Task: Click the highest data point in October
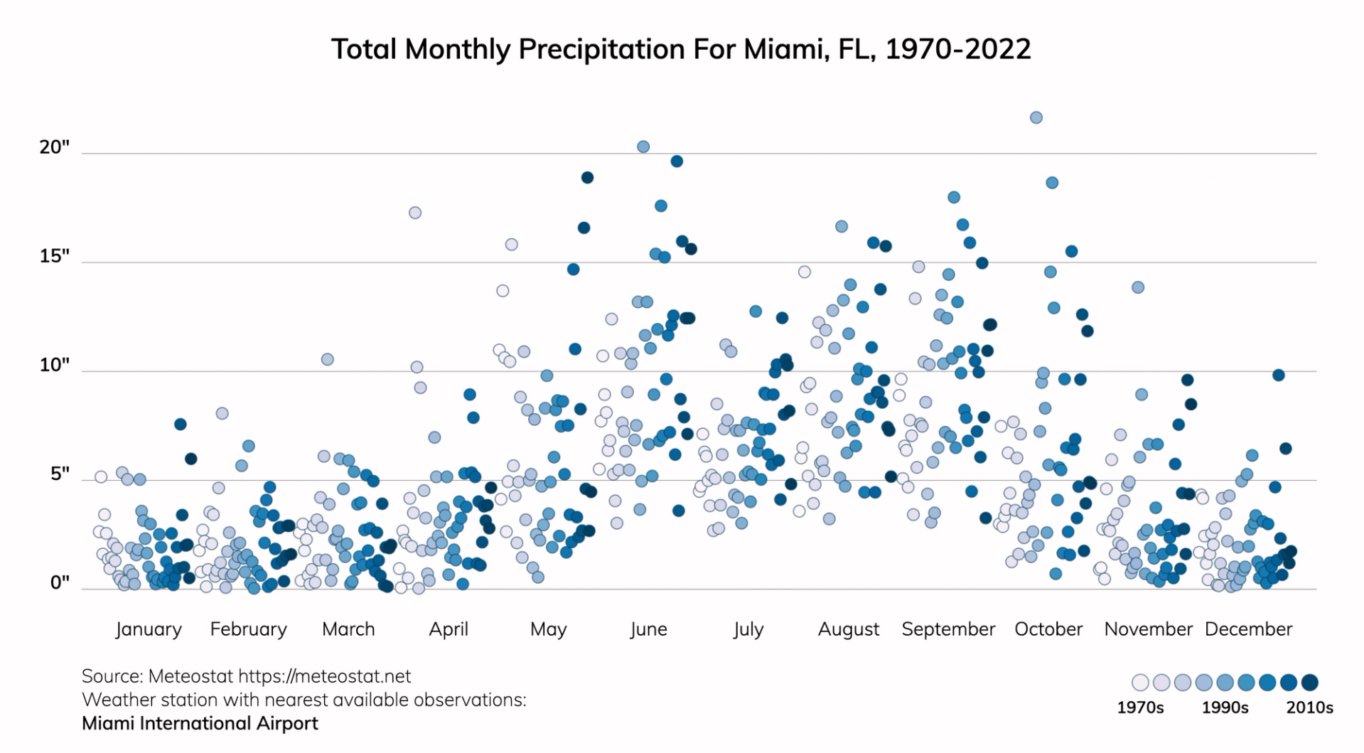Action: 1036,117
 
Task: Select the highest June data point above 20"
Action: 643,146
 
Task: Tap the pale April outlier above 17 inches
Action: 414,213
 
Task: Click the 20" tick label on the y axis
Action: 55,147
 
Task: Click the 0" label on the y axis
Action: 60,583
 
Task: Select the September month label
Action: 947,629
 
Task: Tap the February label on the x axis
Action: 248,629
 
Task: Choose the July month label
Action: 748,629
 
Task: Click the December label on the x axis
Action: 1247,629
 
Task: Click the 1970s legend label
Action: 1140,707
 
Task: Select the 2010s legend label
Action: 1309,707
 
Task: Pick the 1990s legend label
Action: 1225,707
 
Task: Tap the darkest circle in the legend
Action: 1309,683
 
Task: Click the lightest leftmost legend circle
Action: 1140,683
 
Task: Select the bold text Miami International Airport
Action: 200,723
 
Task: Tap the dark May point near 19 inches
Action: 587,177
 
